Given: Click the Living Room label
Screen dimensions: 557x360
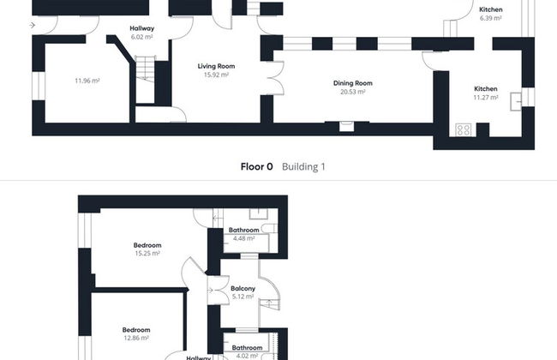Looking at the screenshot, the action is (216, 66).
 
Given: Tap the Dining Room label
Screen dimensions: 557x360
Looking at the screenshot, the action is (353, 83).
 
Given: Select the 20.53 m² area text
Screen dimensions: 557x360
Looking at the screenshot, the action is (353, 92).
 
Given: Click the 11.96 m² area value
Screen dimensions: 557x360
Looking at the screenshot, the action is (87, 81).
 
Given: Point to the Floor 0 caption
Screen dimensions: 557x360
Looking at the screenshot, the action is (256, 166).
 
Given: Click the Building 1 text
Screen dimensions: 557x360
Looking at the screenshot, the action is (303, 166).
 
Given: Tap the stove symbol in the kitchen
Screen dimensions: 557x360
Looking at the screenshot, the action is (464, 129).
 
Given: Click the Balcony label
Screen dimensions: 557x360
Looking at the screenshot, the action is (243, 289).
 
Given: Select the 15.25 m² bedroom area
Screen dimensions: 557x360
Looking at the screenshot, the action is (147, 254).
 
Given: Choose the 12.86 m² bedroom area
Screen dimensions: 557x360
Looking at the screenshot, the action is (136, 338).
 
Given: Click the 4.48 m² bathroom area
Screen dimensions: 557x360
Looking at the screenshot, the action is (243, 238).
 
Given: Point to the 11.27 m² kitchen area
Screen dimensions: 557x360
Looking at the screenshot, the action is (486, 98).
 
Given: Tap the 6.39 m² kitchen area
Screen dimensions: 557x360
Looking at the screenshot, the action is (490, 18).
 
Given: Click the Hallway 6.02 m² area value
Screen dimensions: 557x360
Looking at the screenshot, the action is (141, 37).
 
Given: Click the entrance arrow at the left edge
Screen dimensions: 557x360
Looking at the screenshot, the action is (33, 25).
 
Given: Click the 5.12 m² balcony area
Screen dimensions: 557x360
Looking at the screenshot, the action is (243, 297).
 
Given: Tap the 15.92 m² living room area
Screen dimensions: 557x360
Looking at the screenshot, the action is (216, 75).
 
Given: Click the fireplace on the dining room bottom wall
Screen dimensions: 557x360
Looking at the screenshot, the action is (346, 126).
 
